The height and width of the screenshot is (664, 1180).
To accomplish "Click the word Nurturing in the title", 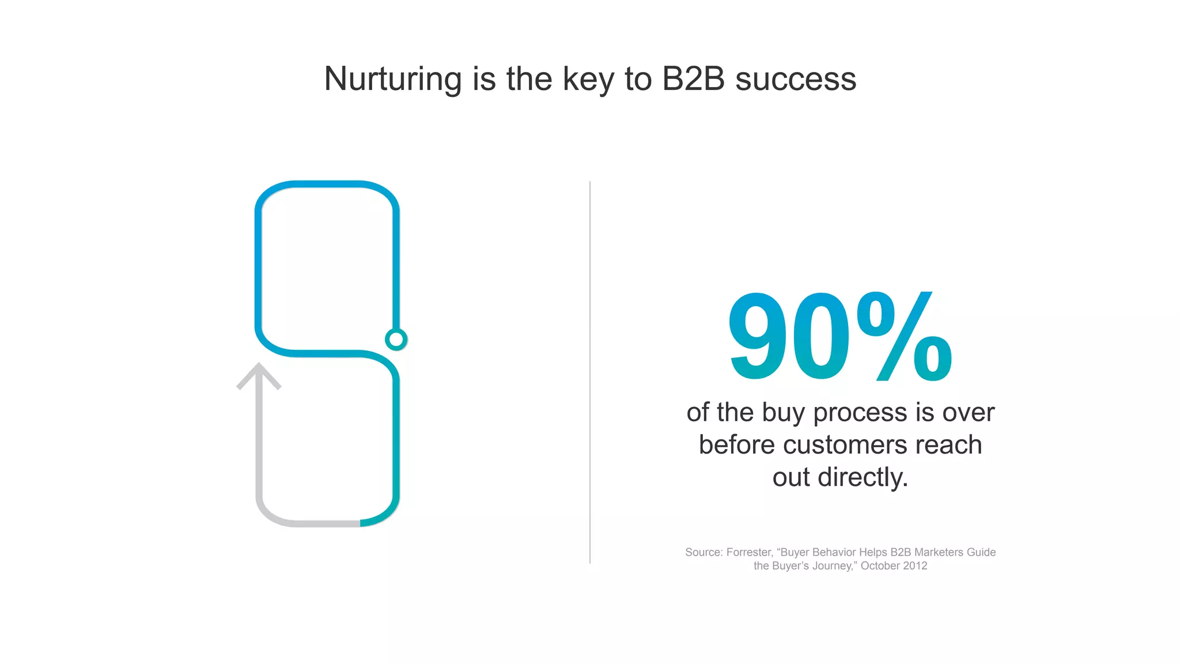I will (392, 79).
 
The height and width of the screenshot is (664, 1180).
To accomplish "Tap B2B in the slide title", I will (693, 79).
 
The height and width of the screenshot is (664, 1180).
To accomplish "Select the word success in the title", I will (796, 79).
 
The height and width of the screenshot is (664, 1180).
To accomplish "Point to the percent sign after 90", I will (904, 337).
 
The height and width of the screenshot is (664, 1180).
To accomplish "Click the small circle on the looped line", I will (396, 339).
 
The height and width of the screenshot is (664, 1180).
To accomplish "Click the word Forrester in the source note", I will (748, 552).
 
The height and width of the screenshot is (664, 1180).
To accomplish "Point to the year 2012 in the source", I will (915, 566).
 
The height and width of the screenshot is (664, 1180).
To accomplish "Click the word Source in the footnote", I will (703, 552).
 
